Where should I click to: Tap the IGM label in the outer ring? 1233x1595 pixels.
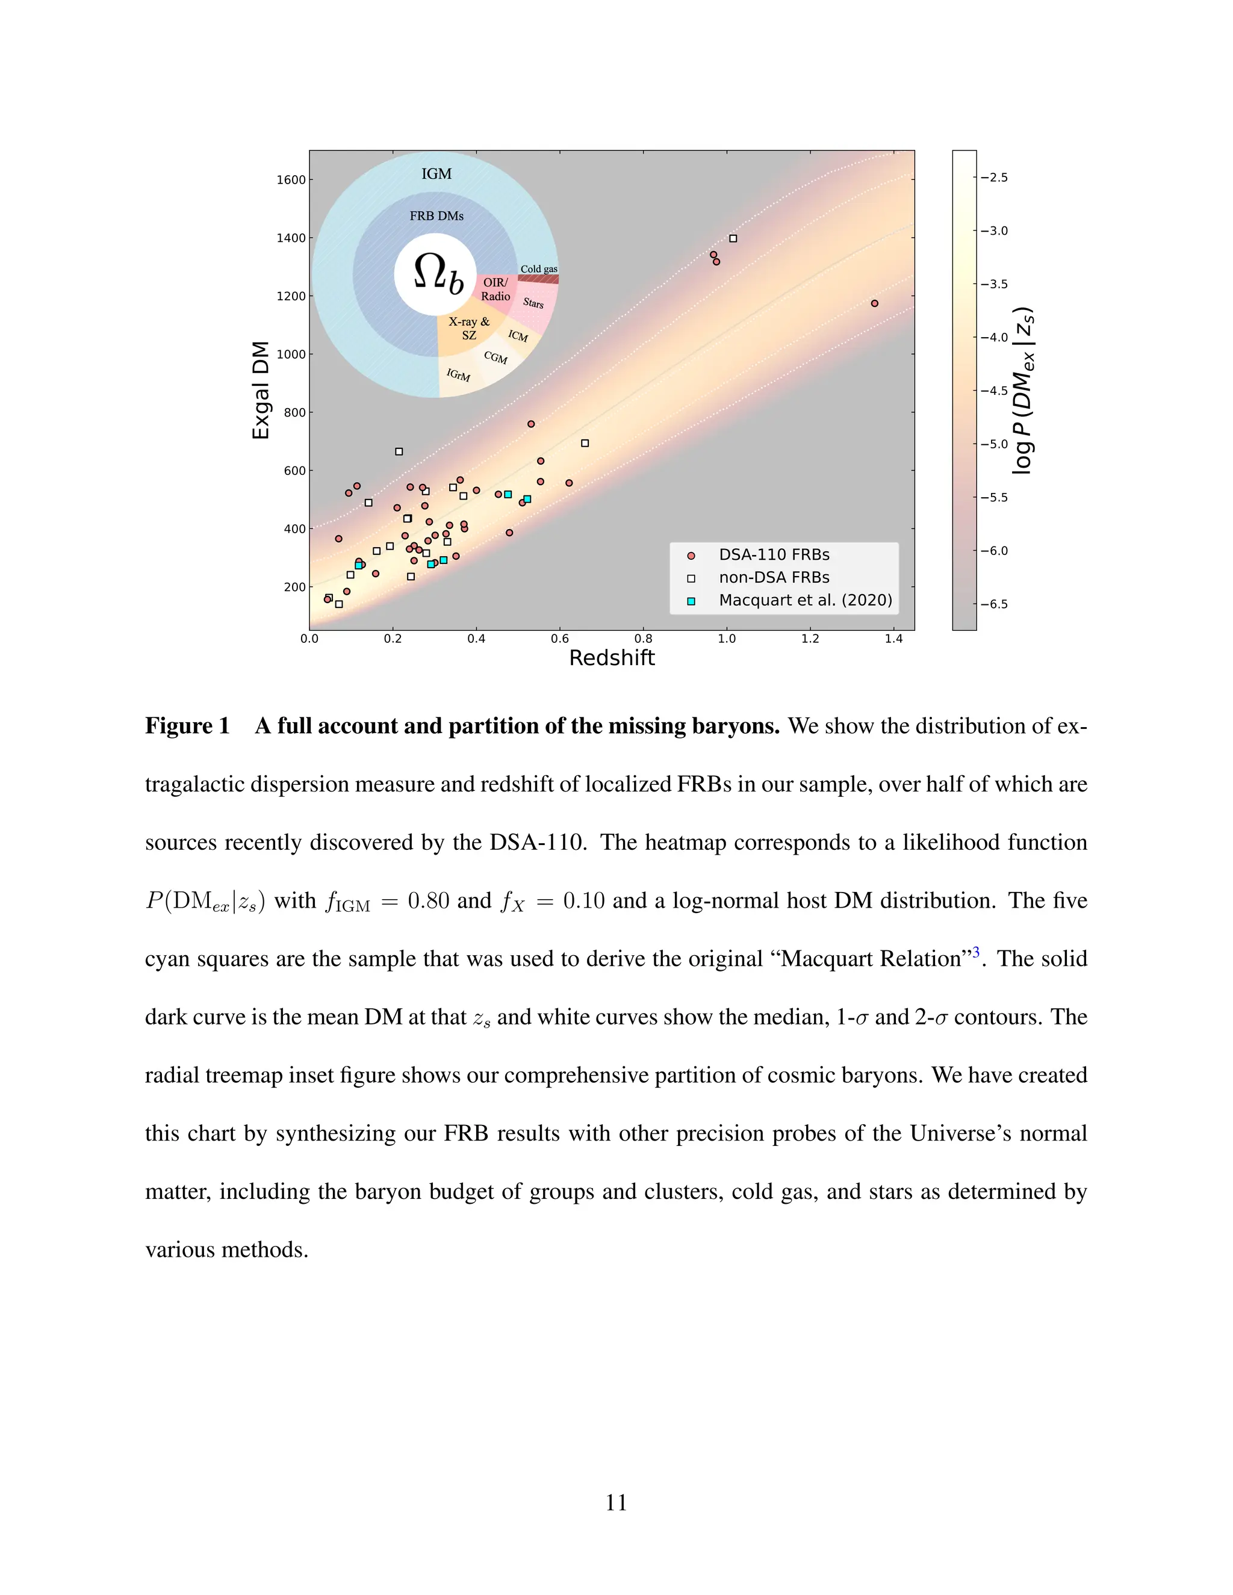436,174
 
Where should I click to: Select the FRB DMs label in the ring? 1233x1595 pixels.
436,215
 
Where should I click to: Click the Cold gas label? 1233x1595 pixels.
539,269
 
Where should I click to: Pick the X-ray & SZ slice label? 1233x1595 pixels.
469,328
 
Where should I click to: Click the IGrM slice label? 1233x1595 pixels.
458,374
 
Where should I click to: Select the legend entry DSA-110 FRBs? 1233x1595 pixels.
774,555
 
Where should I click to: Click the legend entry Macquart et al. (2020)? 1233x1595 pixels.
805,600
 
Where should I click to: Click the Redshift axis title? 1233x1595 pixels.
612,658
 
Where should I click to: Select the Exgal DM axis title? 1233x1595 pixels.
261,390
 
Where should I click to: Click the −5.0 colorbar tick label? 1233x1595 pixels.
993,444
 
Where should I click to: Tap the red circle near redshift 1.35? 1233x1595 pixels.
874,303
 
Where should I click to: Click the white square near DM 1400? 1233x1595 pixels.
733,239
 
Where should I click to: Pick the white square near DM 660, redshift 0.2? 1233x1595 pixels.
399,452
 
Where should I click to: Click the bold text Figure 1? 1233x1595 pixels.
187,726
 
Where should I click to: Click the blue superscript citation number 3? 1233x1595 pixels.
976,952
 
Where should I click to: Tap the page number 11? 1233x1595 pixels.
616,1502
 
